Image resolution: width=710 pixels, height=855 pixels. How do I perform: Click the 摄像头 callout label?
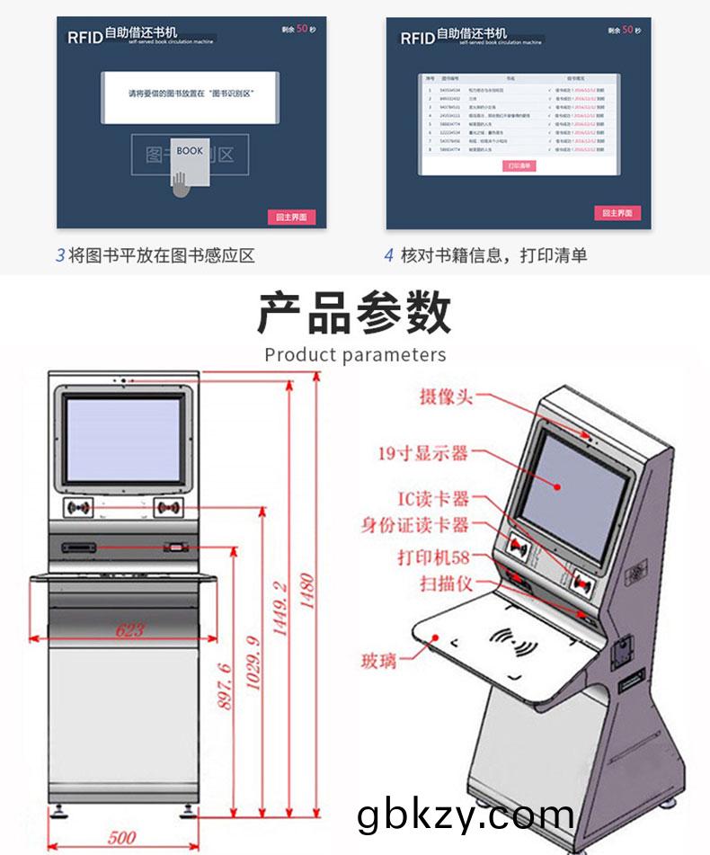click(x=446, y=396)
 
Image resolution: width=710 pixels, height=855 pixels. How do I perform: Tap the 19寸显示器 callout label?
click(x=422, y=453)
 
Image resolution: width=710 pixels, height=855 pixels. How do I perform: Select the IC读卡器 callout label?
click(x=433, y=499)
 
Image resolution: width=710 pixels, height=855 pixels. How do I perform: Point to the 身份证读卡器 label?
click(x=415, y=525)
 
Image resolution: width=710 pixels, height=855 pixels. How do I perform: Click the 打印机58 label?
click(x=434, y=557)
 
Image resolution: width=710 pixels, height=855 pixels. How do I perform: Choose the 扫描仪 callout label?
click(x=445, y=584)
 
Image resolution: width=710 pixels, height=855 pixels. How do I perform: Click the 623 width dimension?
click(x=130, y=630)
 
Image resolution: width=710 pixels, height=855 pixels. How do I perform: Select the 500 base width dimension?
click(x=121, y=838)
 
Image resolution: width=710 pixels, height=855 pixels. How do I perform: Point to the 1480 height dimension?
click(x=307, y=592)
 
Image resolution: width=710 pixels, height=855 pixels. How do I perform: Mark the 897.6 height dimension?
click(x=226, y=687)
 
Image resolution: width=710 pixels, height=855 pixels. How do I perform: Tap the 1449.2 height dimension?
click(x=280, y=610)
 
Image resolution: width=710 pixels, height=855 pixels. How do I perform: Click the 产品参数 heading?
click(x=354, y=314)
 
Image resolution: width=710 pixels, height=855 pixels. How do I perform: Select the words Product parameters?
click(x=355, y=354)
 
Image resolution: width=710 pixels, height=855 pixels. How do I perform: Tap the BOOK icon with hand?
click(x=188, y=166)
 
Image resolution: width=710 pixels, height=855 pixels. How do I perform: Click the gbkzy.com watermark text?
click(x=465, y=815)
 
